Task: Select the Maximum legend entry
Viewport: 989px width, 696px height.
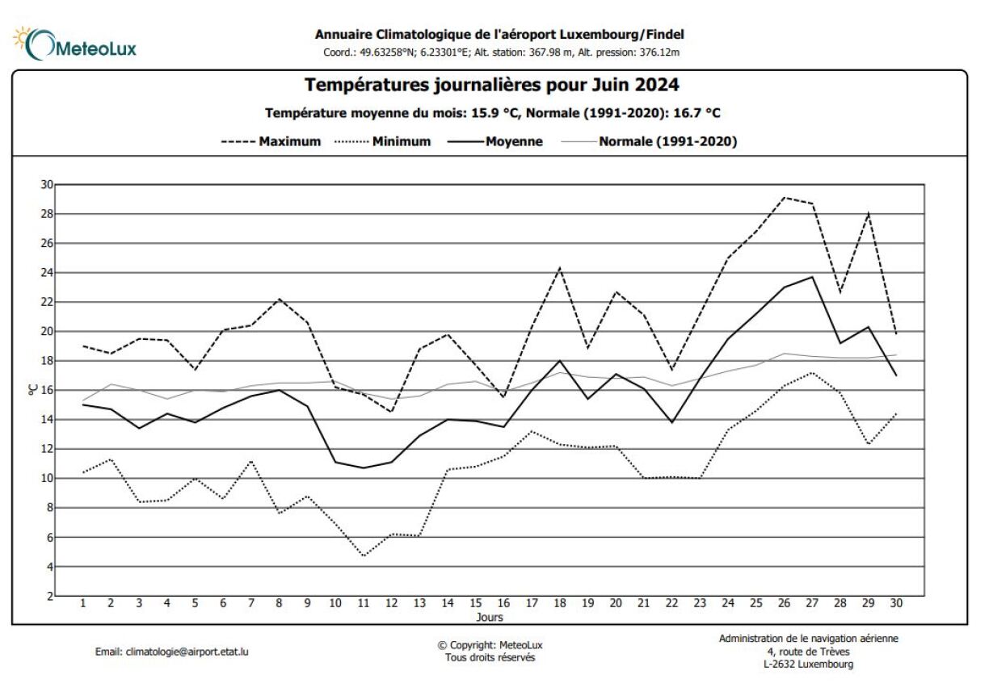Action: (x=271, y=141)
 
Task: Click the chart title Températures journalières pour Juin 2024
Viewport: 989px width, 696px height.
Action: (x=491, y=85)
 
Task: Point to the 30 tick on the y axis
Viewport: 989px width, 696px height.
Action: (x=47, y=185)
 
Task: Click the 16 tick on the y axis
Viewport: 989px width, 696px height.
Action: (x=47, y=391)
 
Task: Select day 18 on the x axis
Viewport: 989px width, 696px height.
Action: (x=559, y=604)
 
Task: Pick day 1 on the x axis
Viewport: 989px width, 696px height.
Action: (x=82, y=604)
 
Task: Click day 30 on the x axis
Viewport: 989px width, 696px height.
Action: (x=896, y=604)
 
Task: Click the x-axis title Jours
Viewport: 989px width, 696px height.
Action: (x=490, y=618)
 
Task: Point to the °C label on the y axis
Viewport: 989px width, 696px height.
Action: (x=33, y=390)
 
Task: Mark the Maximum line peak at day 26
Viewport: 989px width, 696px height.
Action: (x=784, y=197)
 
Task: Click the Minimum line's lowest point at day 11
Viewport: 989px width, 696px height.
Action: (x=364, y=556)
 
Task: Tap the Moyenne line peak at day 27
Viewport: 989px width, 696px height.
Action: (x=812, y=277)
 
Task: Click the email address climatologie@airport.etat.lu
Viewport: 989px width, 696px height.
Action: (x=171, y=652)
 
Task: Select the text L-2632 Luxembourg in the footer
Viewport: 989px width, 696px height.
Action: (x=808, y=665)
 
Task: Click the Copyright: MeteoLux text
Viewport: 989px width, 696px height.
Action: (x=490, y=645)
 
